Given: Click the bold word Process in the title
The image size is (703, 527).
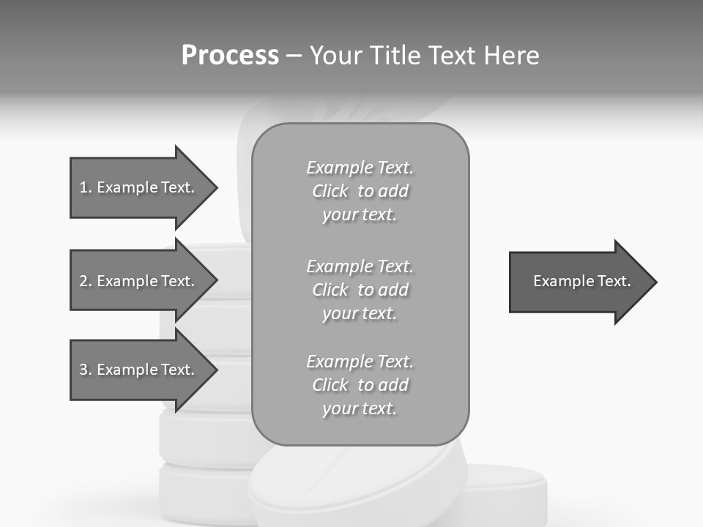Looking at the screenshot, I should click(x=230, y=56).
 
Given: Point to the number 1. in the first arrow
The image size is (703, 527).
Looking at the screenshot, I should click(x=86, y=187).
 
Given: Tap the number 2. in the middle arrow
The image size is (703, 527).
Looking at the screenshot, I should click(x=86, y=281).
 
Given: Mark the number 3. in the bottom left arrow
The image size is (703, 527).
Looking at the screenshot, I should click(x=86, y=370).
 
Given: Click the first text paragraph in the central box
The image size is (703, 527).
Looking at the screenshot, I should click(x=360, y=191).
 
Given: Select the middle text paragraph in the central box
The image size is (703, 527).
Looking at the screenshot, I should click(x=360, y=290).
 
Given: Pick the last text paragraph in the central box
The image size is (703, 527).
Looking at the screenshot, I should click(x=360, y=385).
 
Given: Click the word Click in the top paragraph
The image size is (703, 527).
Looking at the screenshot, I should click(x=330, y=191).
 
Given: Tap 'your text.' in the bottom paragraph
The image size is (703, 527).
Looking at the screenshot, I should click(x=360, y=408).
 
